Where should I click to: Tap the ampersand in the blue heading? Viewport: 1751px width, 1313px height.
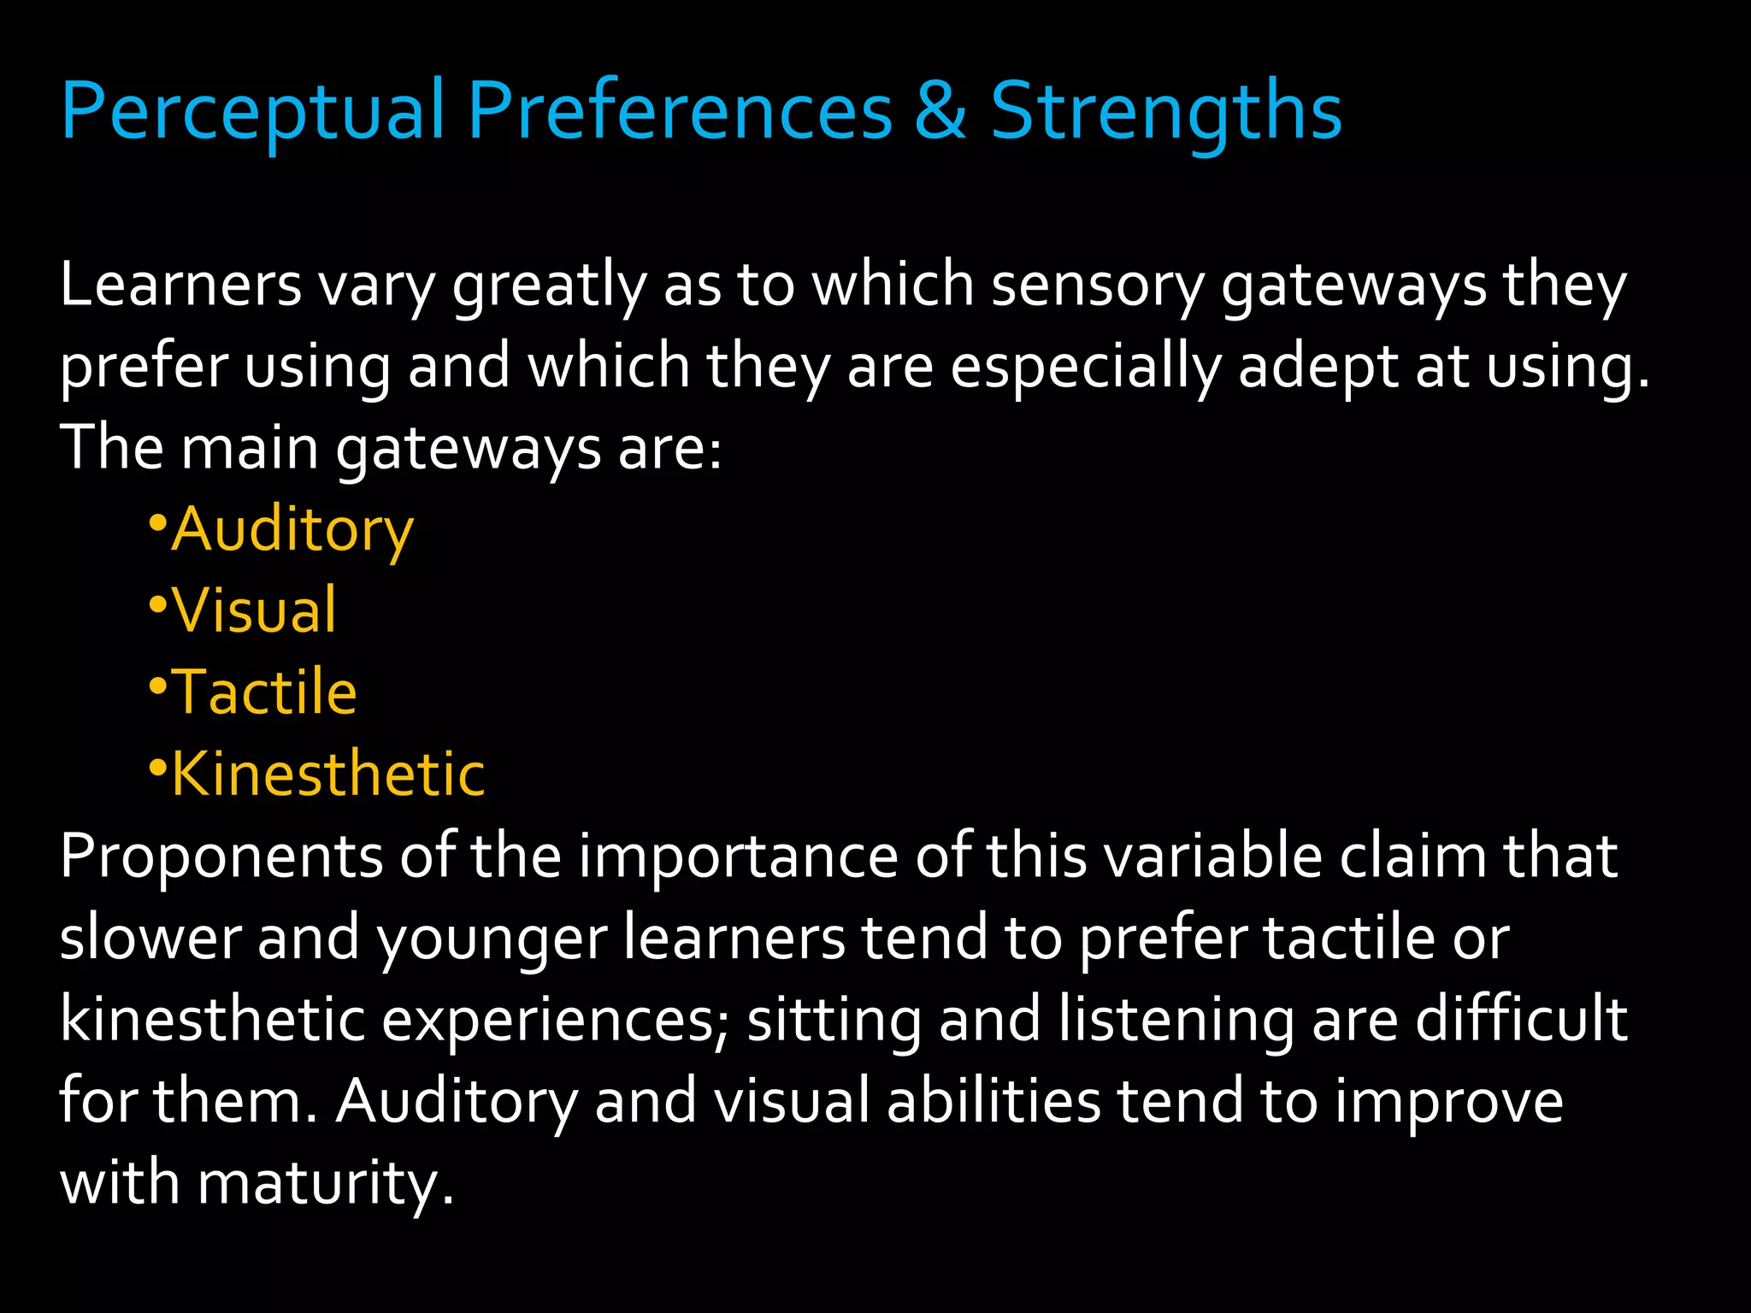coord(940,111)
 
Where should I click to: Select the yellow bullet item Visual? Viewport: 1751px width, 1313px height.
coord(255,610)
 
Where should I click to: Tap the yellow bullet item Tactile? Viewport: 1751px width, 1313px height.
coord(264,692)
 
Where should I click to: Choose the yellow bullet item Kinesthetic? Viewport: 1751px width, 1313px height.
coord(328,774)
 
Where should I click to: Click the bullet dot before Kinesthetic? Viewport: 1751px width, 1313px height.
coord(157,767)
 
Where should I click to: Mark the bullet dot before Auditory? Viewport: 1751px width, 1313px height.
coord(157,522)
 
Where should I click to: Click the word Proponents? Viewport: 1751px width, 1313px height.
coord(221,857)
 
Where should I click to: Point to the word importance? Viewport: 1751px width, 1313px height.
coord(739,857)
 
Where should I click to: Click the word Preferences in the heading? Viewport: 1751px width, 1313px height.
coord(680,111)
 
